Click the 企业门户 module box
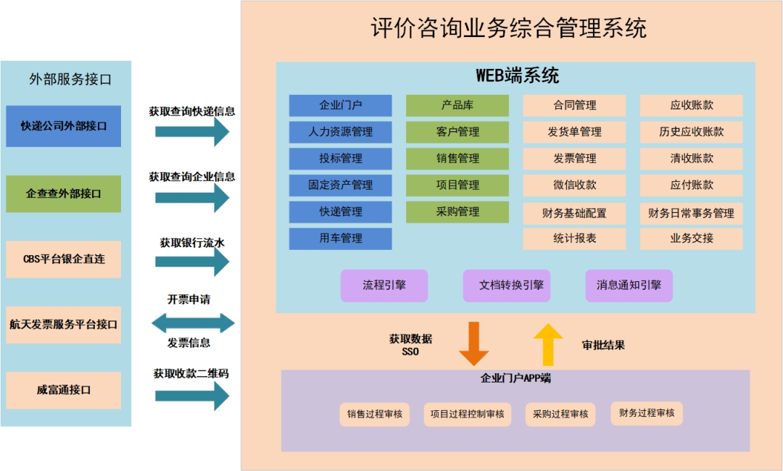click(x=340, y=106)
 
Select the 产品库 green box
click(x=457, y=106)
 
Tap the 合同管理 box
click(x=574, y=106)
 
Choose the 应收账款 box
click(x=691, y=106)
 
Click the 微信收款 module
click(x=574, y=186)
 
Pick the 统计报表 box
click(x=574, y=238)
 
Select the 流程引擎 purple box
click(x=384, y=285)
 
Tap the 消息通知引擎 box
click(x=629, y=285)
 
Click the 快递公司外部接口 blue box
click(x=64, y=126)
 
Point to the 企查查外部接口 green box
click(x=64, y=193)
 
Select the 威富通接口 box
click(x=64, y=390)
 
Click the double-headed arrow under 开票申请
click(x=192, y=323)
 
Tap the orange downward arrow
click(x=474, y=343)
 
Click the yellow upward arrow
click(x=548, y=343)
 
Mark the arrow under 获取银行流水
click(x=192, y=263)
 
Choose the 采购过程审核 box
click(x=560, y=414)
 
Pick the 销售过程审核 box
click(x=375, y=414)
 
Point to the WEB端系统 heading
click(x=517, y=75)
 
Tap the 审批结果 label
click(x=603, y=346)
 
